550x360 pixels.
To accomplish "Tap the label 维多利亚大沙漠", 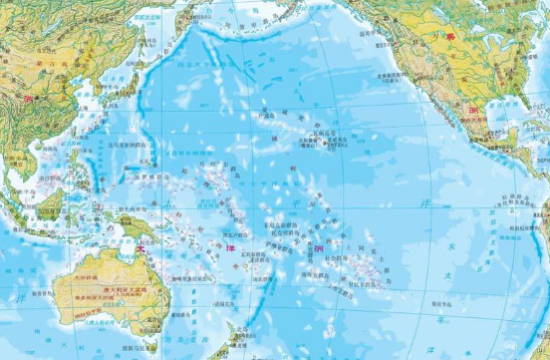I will (84, 299).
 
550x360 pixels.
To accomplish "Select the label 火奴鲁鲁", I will (310, 141).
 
